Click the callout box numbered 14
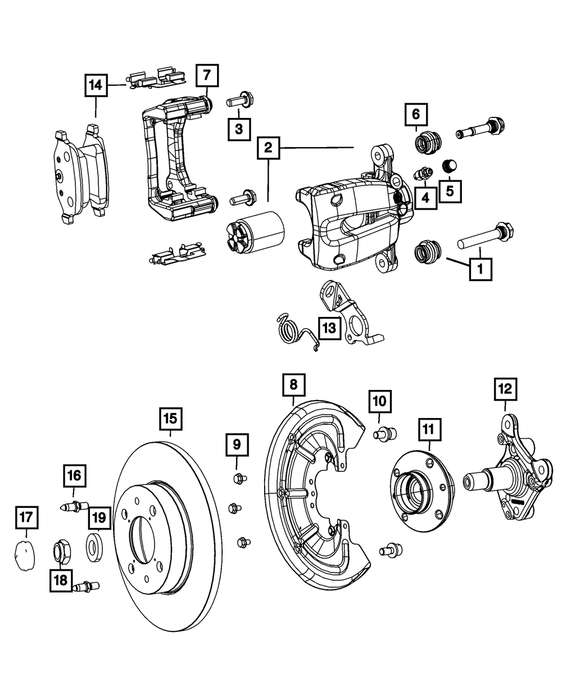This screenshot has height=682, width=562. pyautogui.click(x=96, y=86)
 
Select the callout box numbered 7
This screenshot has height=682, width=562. pyautogui.click(x=206, y=74)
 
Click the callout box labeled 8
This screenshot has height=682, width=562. pyautogui.click(x=294, y=385)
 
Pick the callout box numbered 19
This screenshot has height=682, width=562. pyautogui.click(x=98, y=516)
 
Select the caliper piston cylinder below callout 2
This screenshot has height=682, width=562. pyautogui.click(x=256, y=233)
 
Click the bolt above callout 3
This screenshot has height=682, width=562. pyautogui.click(x=240, y=102)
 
